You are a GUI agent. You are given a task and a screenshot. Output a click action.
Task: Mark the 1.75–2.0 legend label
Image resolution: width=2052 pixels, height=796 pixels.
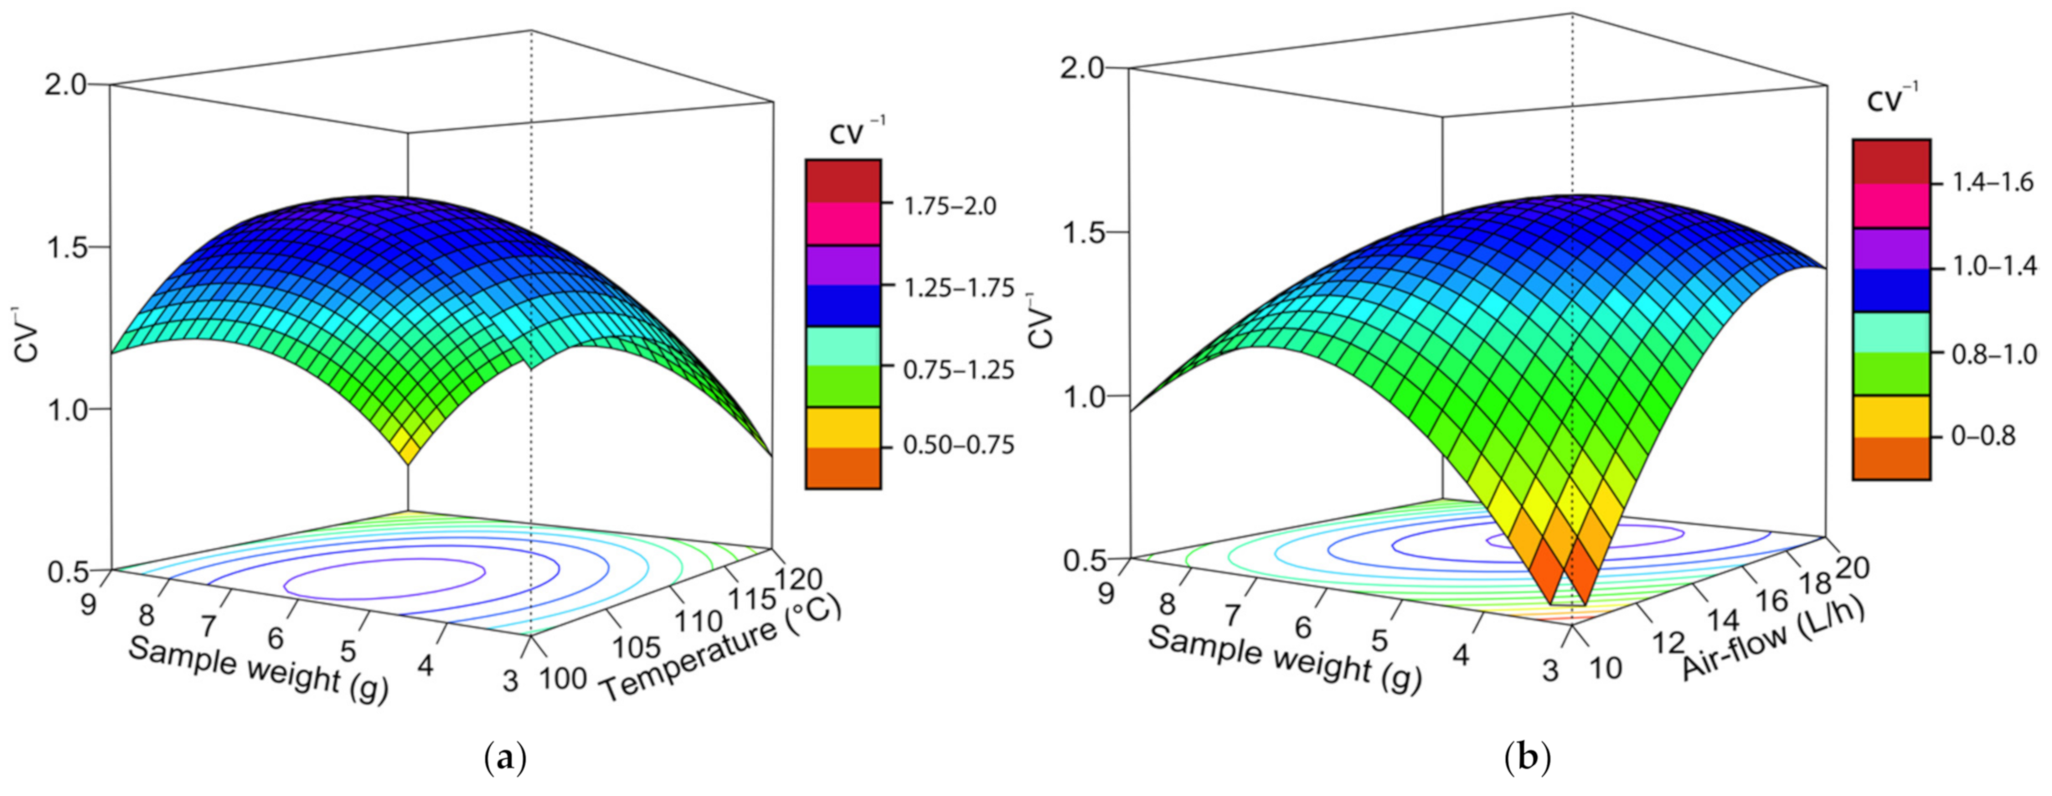point(950,206)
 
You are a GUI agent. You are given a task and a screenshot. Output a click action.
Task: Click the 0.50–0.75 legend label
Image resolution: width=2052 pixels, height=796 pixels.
point(958,444)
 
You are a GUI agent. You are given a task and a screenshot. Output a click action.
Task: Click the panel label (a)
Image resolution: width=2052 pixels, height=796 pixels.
point(506,759)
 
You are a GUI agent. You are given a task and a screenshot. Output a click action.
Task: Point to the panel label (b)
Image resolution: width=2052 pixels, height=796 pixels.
point(1528,759)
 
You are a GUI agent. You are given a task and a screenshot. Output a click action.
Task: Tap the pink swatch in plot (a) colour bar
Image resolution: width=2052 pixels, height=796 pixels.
point(843,224)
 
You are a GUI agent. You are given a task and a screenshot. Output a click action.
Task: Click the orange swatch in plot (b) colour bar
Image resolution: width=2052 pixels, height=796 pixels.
point(1891,457)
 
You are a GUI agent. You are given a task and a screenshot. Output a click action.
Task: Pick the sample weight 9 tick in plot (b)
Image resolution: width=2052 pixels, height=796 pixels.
point(1106,592)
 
